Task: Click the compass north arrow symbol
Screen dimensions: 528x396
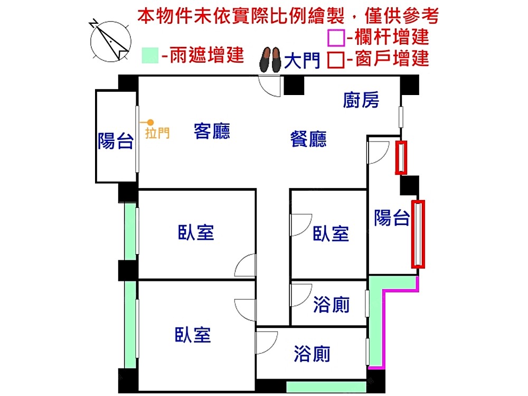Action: coord(110,41)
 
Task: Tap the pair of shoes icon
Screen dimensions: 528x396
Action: coord(270,59)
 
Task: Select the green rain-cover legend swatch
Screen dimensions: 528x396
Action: coord(150,55)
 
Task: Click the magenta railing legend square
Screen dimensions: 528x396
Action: coord(336,37)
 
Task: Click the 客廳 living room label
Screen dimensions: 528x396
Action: coord(212,131)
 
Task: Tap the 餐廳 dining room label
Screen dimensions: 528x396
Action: coord(308,139)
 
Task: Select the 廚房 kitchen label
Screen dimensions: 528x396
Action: coord(361,100)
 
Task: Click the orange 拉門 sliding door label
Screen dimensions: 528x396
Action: coord(157,133)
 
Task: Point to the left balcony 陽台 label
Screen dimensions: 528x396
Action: coord(116,141)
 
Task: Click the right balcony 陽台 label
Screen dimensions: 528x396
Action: coord(392,218)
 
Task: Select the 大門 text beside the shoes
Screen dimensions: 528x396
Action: coord(302,61)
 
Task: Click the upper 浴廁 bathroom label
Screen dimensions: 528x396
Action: coord(331,305)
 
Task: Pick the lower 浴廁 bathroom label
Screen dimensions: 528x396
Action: coord(312,354)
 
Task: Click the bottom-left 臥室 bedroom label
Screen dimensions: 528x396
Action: coord(193,335)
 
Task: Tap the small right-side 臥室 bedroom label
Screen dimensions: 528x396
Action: coord(331,234)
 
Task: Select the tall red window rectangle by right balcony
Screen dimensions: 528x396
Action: coord(418,234)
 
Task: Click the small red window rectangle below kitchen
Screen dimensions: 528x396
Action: coord(401,157)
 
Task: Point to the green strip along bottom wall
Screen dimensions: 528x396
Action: coord(326,386)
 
